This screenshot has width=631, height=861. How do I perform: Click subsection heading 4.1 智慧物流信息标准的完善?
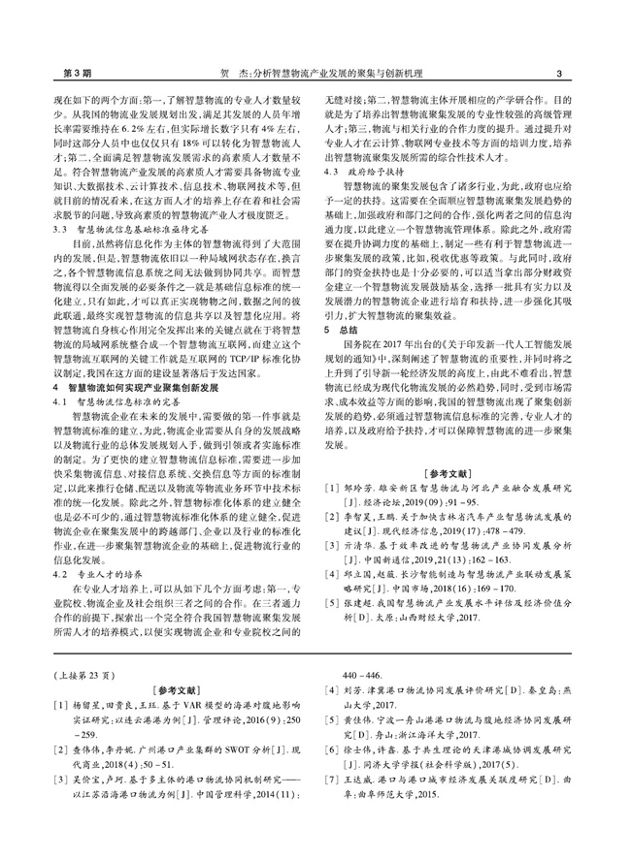coord(107,399)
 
